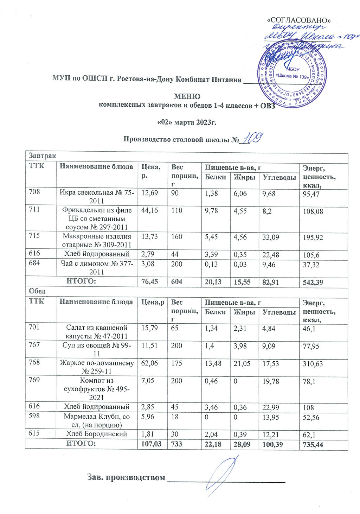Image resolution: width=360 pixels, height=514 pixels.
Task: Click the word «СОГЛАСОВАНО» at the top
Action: click(x=299, y=20)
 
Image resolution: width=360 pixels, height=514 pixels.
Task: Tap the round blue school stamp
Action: click(x=292, y=73)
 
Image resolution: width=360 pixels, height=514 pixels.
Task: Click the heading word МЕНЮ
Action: click(x=187, y=96)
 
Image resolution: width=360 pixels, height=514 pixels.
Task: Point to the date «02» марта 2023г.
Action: click(x=186, y=123)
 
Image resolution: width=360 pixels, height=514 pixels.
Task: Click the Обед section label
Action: click(x=37, y=292)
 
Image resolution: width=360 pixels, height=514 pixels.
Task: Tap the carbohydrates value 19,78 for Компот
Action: click(x=271, y=381)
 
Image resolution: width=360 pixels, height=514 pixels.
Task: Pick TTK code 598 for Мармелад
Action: click(x=34, y=416)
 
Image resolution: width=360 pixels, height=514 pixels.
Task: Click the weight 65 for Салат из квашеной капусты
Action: click(x=175, y=328)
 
